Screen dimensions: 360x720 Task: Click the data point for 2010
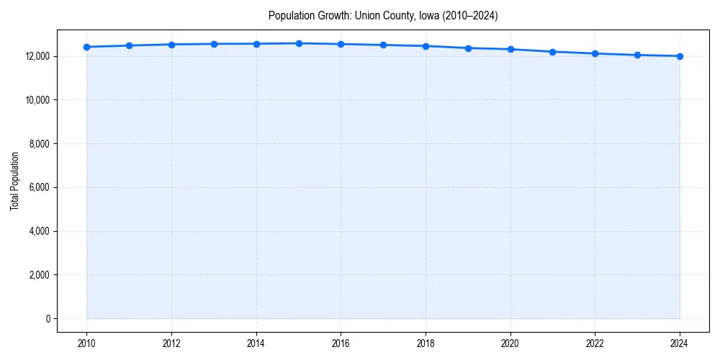86,47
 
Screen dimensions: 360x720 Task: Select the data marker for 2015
299,43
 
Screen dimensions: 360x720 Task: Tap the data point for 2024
680,56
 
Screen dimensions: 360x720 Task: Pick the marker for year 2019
468,48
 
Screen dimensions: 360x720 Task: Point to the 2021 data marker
552,52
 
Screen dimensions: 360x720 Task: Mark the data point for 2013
214,44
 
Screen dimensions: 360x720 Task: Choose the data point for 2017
383,45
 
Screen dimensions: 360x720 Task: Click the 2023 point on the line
637,55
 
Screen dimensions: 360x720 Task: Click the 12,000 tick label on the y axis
36,56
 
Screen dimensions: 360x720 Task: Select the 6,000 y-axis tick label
38,187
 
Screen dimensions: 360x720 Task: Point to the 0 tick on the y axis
47,318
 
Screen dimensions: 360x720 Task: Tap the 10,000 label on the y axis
36,100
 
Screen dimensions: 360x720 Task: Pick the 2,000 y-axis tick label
38,275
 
